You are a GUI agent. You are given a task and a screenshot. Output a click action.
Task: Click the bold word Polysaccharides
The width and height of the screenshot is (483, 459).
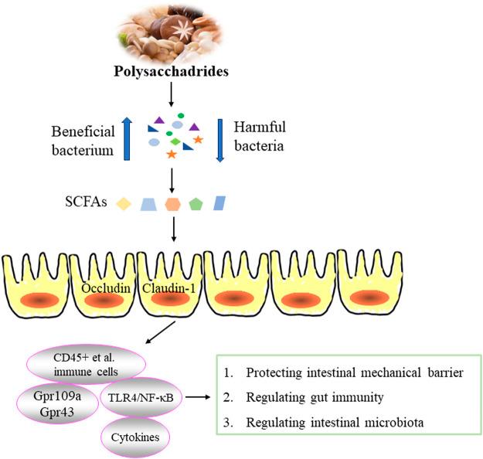172,71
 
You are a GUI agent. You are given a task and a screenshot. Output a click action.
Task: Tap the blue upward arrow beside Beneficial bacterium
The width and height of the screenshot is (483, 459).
127,139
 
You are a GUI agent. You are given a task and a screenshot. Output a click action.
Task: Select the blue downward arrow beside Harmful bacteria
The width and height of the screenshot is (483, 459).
220,141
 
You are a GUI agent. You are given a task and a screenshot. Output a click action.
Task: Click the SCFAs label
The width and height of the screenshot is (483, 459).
86,202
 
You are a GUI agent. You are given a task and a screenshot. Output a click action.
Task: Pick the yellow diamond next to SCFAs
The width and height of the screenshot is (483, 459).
124,204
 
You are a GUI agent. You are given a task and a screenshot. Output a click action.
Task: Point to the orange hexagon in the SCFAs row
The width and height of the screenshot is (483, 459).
172,204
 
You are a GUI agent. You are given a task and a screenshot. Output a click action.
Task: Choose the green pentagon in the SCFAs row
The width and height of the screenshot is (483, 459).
196,204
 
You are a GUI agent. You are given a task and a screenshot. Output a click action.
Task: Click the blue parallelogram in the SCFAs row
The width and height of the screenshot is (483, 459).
219,203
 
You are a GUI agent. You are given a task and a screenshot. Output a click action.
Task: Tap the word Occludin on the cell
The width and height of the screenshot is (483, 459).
106,288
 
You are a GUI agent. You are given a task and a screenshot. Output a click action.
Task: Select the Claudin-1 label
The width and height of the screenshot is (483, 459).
168,288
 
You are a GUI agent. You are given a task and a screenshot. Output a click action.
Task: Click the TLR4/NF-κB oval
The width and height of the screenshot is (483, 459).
141,397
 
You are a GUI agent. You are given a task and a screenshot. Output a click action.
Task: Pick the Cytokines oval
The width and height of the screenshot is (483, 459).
135,437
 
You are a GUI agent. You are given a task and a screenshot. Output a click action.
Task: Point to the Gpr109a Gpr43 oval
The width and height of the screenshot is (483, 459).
57,404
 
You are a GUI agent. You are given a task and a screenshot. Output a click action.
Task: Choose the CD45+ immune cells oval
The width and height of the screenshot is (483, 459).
87,365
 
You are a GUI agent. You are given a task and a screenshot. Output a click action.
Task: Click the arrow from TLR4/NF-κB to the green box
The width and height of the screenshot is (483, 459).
198,397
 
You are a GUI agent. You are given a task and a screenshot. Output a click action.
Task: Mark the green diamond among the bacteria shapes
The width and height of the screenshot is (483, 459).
175,141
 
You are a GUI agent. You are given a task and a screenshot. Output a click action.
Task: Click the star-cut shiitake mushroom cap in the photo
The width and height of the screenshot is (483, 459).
182,29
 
